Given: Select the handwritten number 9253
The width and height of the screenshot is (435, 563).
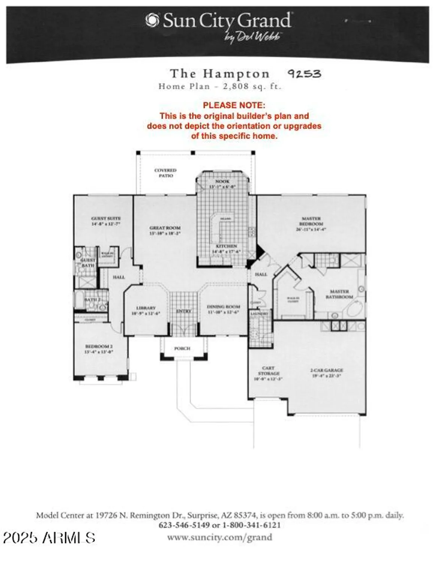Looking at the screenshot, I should (x=304, y=74).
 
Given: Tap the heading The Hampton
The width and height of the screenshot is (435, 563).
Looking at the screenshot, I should (x=220, y=74).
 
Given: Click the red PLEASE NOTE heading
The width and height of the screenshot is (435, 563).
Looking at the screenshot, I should (x=234, y=105).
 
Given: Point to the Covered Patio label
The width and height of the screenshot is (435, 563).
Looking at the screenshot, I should (x=166, y=173).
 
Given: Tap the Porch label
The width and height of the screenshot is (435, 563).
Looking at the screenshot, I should (x=182, y=348).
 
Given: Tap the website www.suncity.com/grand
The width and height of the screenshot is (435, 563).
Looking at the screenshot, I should (x=220, y=537).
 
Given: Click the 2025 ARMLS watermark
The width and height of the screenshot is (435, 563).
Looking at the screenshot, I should (x=49, y=537).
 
